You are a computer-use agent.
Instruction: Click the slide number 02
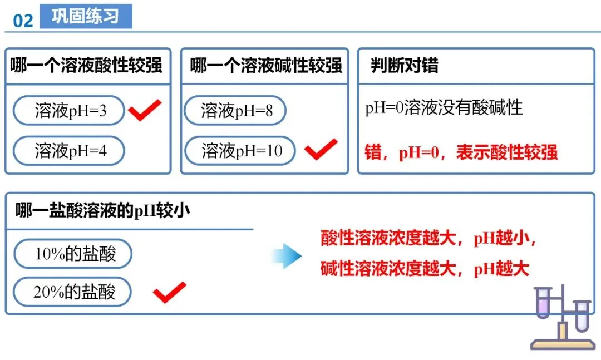pyautogui.click(x=23, y=21)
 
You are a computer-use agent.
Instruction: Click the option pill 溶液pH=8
pyautogui.click(x=236, y=111)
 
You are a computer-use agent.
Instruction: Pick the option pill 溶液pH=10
pyautogui.click(x=241, y=151)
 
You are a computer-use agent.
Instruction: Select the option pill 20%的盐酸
pyautogui.click(x=73, y=292)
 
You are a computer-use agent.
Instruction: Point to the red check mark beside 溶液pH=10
pyautogui.click(x=321, y=149)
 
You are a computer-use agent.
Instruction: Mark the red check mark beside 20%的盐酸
pyautogui.click(x=169, y=292)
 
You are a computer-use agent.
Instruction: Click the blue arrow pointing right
pyautogui.click(x=287, y=255)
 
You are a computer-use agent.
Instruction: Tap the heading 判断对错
pyautogui.click(x=405, y=66)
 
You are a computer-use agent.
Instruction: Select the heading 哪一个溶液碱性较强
pyautogui.click(x=266, y=66)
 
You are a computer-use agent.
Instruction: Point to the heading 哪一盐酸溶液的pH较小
pyautogui.click(x=103, y=211)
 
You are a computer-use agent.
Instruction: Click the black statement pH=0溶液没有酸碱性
pyautogui.click(x=444, y=107)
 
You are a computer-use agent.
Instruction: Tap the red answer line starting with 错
pyautogui.click(x=461, y=152)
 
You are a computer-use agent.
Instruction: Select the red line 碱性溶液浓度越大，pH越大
pyautogui.click(x=424, y=269)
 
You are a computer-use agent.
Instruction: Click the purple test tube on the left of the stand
pyautogui.click(x=542, y=303)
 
